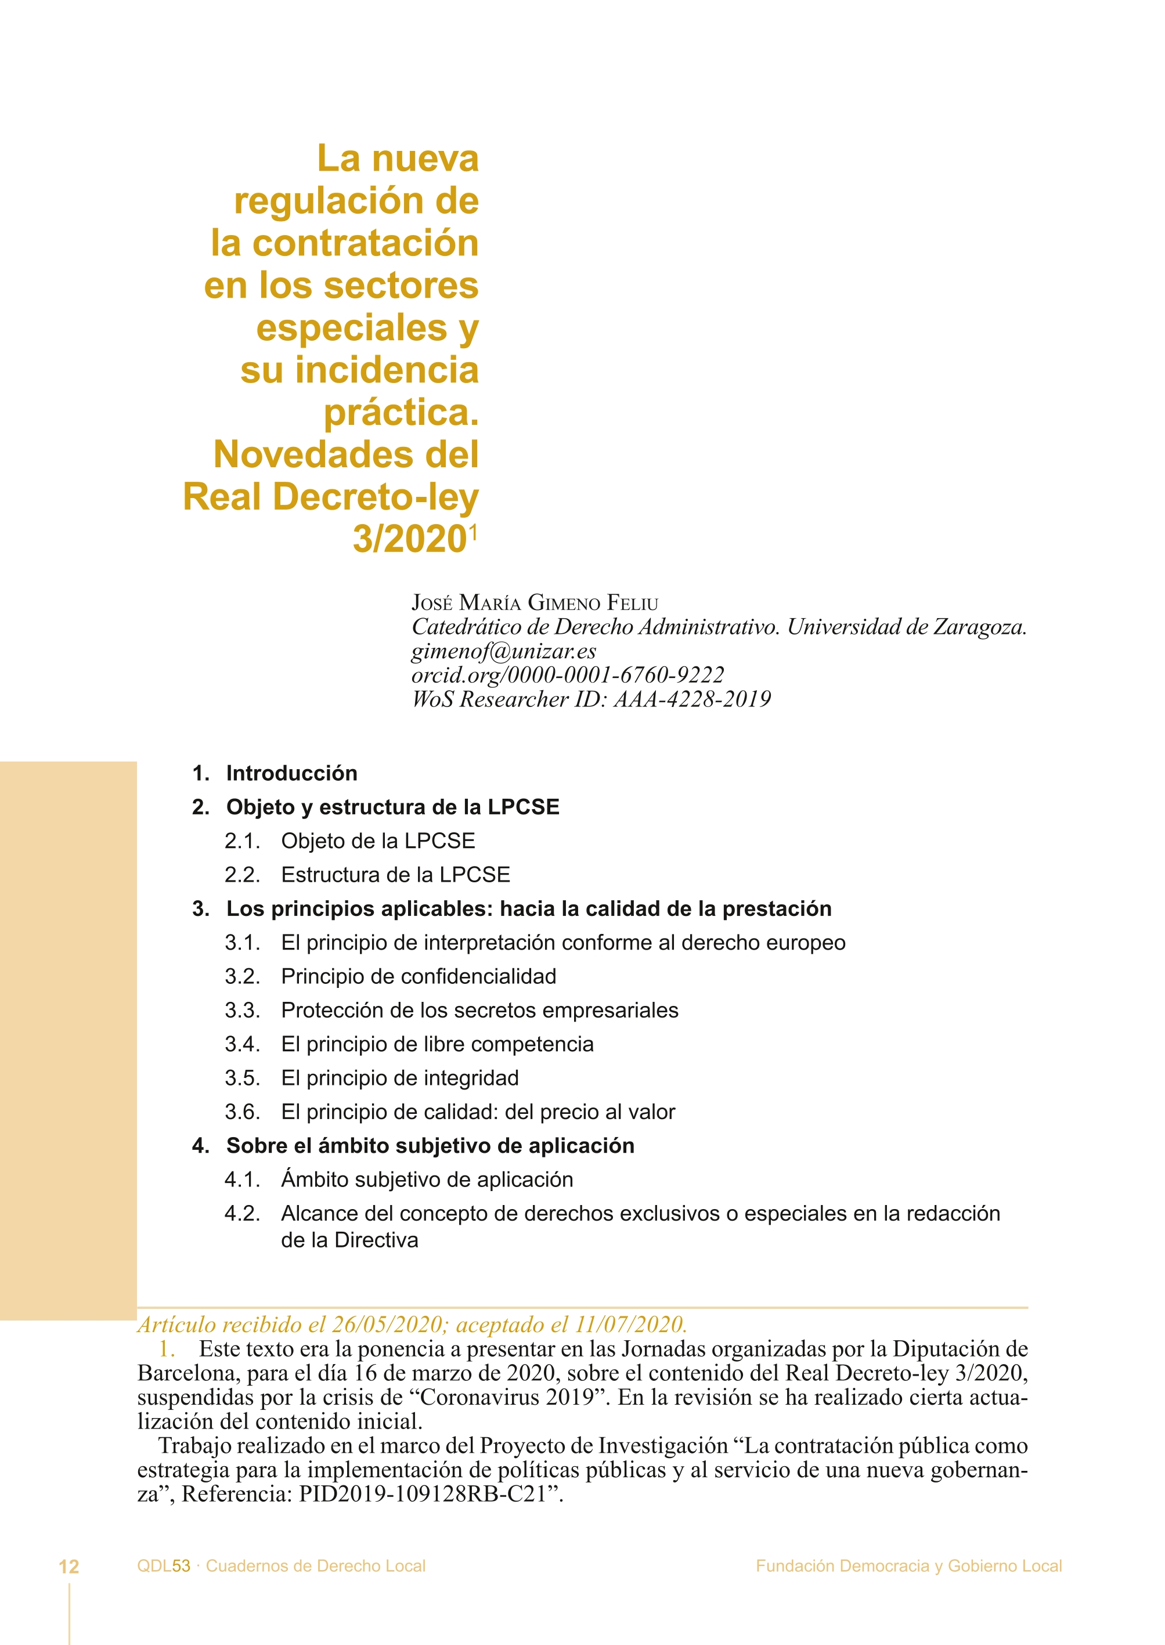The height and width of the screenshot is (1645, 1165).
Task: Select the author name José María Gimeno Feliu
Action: [x=535, y=603]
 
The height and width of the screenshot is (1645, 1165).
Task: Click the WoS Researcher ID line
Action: [x=591, y=699]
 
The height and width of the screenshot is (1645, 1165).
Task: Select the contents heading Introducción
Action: [x=291, y=773]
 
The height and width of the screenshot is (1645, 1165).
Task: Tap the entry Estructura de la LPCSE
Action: [x=395, y=875]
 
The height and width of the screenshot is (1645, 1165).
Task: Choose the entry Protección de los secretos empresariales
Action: [x=479, y=1010]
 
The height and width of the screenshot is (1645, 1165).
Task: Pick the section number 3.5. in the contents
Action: [x=241, y=1077]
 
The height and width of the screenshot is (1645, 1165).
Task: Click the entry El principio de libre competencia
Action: [x=437, y=1044]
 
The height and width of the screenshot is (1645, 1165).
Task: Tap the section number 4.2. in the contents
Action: [x=241, y=1213]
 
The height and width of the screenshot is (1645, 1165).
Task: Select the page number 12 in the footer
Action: [x=69, y=1567]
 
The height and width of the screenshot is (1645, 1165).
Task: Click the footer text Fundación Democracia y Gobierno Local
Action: [x=908, y=1566]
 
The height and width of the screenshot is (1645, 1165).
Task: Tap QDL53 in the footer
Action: [x=164, y=1566]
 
